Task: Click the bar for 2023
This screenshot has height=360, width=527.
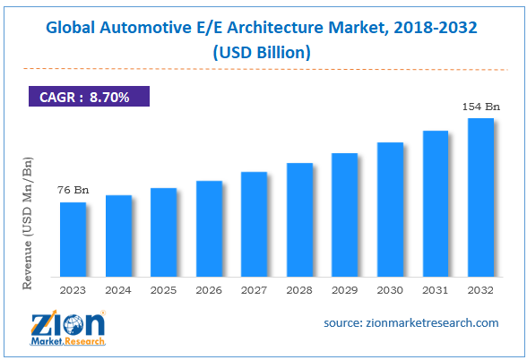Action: pos(73,239)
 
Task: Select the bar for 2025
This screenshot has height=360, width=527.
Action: pos(164,232)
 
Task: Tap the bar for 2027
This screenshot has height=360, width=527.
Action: pos(255,224)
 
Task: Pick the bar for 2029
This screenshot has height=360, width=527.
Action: pos(345,214)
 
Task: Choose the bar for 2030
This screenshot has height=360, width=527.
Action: pos(390,209)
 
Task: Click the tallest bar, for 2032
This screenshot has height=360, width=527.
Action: pos(480,197)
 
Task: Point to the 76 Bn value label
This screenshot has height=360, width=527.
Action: pos(73,190)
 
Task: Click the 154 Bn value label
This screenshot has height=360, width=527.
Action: pos(479,107)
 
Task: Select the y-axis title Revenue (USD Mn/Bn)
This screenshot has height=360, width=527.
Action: pos(28,221)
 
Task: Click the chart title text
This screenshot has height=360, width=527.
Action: pos(263,28)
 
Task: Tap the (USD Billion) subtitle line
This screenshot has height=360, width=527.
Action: pos(263,52)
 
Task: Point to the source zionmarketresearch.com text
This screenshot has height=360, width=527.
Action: pos(410,322)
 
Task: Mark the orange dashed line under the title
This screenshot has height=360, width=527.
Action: pos(263,68)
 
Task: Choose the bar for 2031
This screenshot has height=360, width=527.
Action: pos(436,203)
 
